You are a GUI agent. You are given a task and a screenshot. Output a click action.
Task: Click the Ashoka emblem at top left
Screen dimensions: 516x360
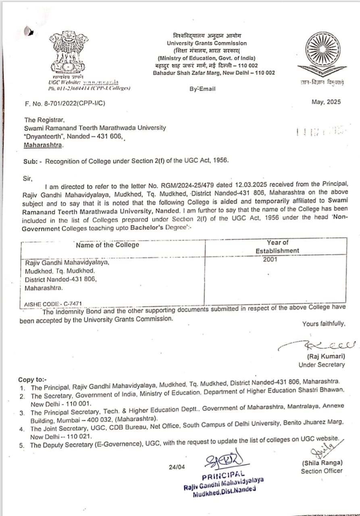[67, 52]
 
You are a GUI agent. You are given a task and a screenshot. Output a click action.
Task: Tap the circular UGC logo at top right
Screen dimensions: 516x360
[322, 55]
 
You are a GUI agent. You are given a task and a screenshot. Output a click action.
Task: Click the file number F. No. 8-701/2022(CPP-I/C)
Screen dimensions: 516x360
[65, 103]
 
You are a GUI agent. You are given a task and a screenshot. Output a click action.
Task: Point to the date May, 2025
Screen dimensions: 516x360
[326, 102]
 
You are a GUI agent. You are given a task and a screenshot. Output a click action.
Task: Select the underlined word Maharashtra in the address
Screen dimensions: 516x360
[43, 145]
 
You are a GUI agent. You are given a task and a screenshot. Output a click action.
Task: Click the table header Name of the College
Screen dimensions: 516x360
[107, 245]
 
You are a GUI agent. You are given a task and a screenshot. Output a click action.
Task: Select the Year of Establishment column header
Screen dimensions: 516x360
[277, 246]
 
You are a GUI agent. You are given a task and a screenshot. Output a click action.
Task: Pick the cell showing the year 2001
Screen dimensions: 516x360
[270, 260]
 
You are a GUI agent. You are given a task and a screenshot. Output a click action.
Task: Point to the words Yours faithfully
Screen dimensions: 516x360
[323, 323]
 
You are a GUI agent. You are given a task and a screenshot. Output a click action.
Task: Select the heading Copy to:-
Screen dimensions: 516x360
[33, 380]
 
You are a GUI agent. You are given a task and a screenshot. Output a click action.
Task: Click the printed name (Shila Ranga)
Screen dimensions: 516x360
[322, 462]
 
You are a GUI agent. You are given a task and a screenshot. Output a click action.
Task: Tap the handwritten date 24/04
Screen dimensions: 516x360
[177, 467]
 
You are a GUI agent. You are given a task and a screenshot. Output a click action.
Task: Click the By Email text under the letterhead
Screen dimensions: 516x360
[202, 89]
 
